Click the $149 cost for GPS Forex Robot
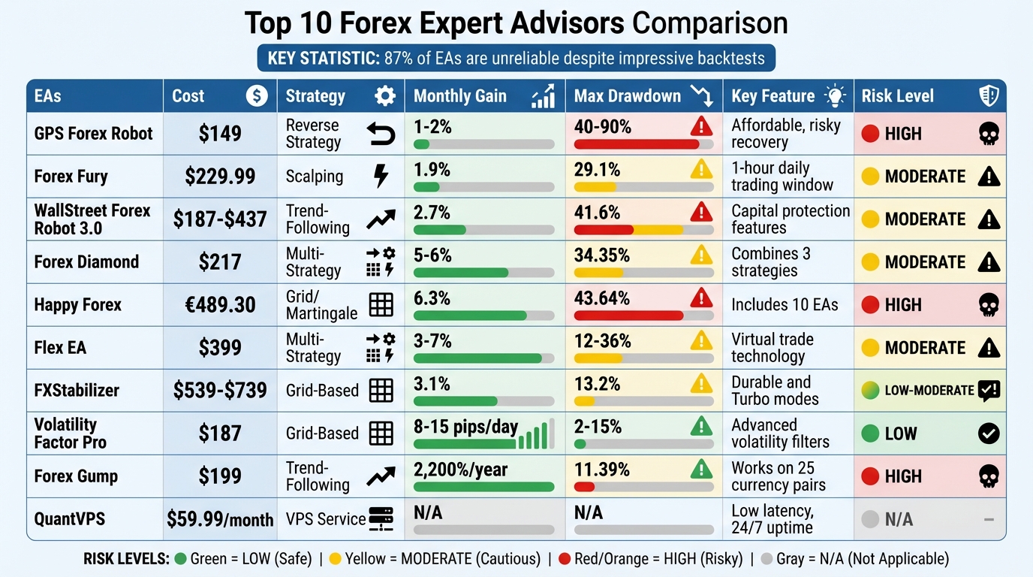pyautogui.click(x=220, y=134)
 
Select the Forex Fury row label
pyautogui.click(x=71, y=177)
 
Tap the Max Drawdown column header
pyautogui.click(x=627, y=96)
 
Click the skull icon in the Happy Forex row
pyautogui.click(x=989, y=305)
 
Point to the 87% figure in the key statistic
pyautogui.click(x=399, y=59)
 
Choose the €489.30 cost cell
pyautogui.click(x=220, y=305)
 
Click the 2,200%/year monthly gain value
pyautogui.click(x=460, y=470)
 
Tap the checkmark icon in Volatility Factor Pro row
pyautogui.click(x=989, y=434)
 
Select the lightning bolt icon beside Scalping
pyautogui.click(x=381, y=177)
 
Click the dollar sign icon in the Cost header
pyautogui.click(x=257, y=96)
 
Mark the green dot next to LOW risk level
pyautogui.click(x=870, y=434)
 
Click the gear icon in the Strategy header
pyautogui.click(x=384, y=96)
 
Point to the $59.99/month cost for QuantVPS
pyautogui.click(x=220, y=519)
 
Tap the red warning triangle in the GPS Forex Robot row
pyautogui.click(x=701, y=126)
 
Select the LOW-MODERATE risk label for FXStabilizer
pyautogui.click(x=929, y=391)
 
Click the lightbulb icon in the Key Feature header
pyautogui.click(x=834, y=96)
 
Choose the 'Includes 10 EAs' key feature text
pyautogui.click(x=785, y=305)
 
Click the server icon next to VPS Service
pyautogui.click(x=381, y=518)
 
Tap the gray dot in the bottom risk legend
pyautogui.click(x=766, y=559)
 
